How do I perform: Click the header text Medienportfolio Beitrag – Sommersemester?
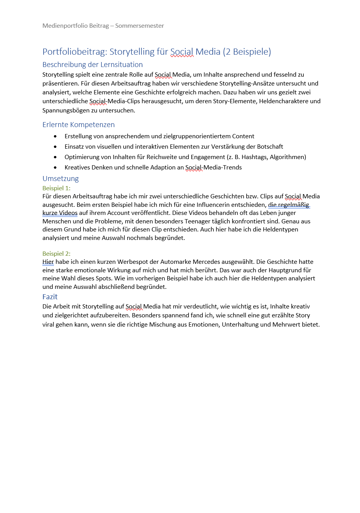coord(103,26)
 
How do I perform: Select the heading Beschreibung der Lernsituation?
coord(93,65)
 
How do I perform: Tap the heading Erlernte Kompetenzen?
coord(78,125)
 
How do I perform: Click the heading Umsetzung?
coord(61,179)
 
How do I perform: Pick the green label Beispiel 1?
coord(56,188)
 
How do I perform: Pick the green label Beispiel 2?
coord(56,254)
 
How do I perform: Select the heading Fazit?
coord(50,297)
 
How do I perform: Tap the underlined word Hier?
coord(48,262)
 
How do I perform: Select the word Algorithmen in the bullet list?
coord(288,157)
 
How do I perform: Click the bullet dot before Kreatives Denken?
coord(56,168)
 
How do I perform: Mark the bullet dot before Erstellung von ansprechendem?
coord(56,136)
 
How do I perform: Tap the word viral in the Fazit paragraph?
coord(49,325)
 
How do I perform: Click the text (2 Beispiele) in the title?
coord(247,52)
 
